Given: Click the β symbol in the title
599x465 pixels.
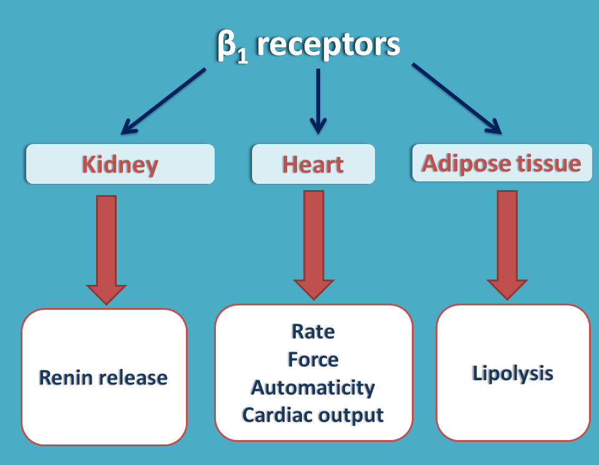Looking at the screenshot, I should pos(225,46).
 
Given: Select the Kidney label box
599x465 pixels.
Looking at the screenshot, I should pos(120,165).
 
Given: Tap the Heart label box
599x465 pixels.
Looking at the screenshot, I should pos(313,165).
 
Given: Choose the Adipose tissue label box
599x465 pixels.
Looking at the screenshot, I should pos(502,163).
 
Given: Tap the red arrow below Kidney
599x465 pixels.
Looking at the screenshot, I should pos(107,249).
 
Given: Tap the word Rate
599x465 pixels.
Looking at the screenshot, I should pos(313,332).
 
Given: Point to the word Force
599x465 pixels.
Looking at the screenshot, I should pos(313,359).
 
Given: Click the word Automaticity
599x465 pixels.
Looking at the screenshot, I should pos(313,387).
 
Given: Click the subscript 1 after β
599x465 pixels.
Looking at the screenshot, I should pos(241,55).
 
